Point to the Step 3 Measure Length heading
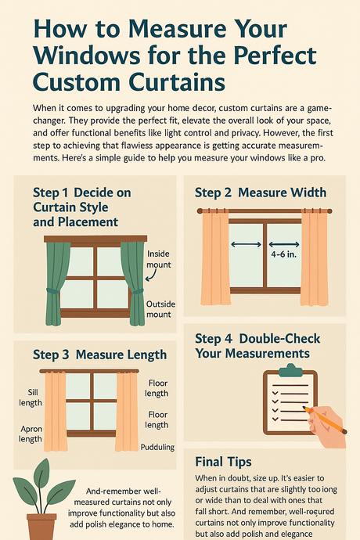point(99,355)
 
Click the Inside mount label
point(158,259)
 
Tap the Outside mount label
point(158,308)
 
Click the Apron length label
point(30,434)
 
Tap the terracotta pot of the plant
point(41,525)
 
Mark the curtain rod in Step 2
point(264,211)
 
